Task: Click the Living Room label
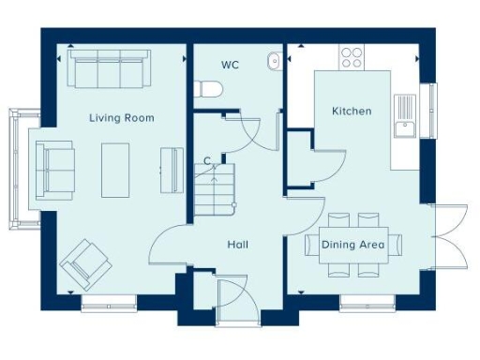[121, 118]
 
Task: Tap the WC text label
[230, 66]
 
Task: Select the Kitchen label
[352, 111]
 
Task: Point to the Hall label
[237, 245]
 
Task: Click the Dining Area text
[352, 245]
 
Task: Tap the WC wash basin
[274, 61]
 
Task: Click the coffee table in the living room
[116, 169]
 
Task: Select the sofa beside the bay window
[53, 169]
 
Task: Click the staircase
[212, 187]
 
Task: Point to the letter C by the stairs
[207, 161]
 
